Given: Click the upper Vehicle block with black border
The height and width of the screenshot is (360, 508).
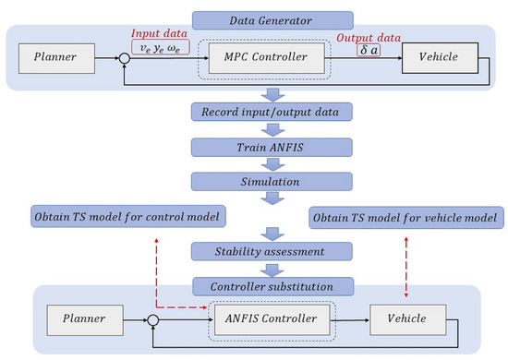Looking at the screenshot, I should click(442, 60).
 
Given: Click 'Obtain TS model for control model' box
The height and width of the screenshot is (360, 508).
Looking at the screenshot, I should click(116, 217).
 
